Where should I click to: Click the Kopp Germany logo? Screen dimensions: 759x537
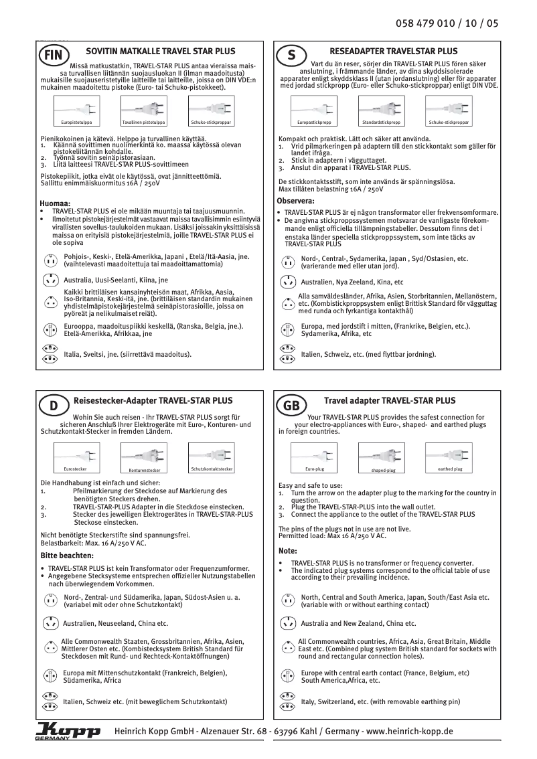[67, 732]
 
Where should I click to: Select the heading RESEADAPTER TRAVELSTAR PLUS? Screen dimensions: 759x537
[394, 52]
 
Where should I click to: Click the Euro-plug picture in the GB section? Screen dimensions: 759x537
[314, 460]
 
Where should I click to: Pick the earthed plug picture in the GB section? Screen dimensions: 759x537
[449, 460]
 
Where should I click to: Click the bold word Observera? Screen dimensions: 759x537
[295, 201]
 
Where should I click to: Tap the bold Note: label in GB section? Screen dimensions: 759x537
[287, 551]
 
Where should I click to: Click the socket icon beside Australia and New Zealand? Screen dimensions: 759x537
[287, 622]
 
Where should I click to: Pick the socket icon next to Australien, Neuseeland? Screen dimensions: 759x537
[50, 623]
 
